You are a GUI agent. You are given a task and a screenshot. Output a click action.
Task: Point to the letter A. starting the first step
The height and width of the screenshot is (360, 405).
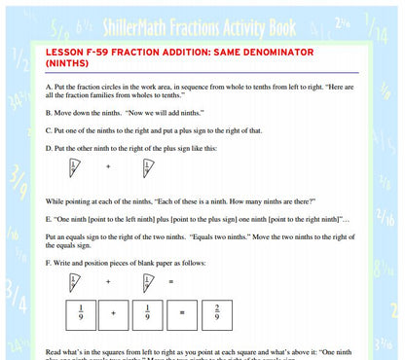pos(50,87)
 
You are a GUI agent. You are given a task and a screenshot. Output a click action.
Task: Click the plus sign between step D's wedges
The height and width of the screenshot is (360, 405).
pos(108,166)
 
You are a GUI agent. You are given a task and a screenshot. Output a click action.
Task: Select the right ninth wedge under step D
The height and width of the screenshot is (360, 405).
pos(147,168)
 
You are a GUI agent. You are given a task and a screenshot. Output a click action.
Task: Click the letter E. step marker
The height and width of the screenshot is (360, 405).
pos(50,219)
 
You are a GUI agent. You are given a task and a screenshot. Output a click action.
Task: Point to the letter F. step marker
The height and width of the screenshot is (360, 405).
pos(49,263)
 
